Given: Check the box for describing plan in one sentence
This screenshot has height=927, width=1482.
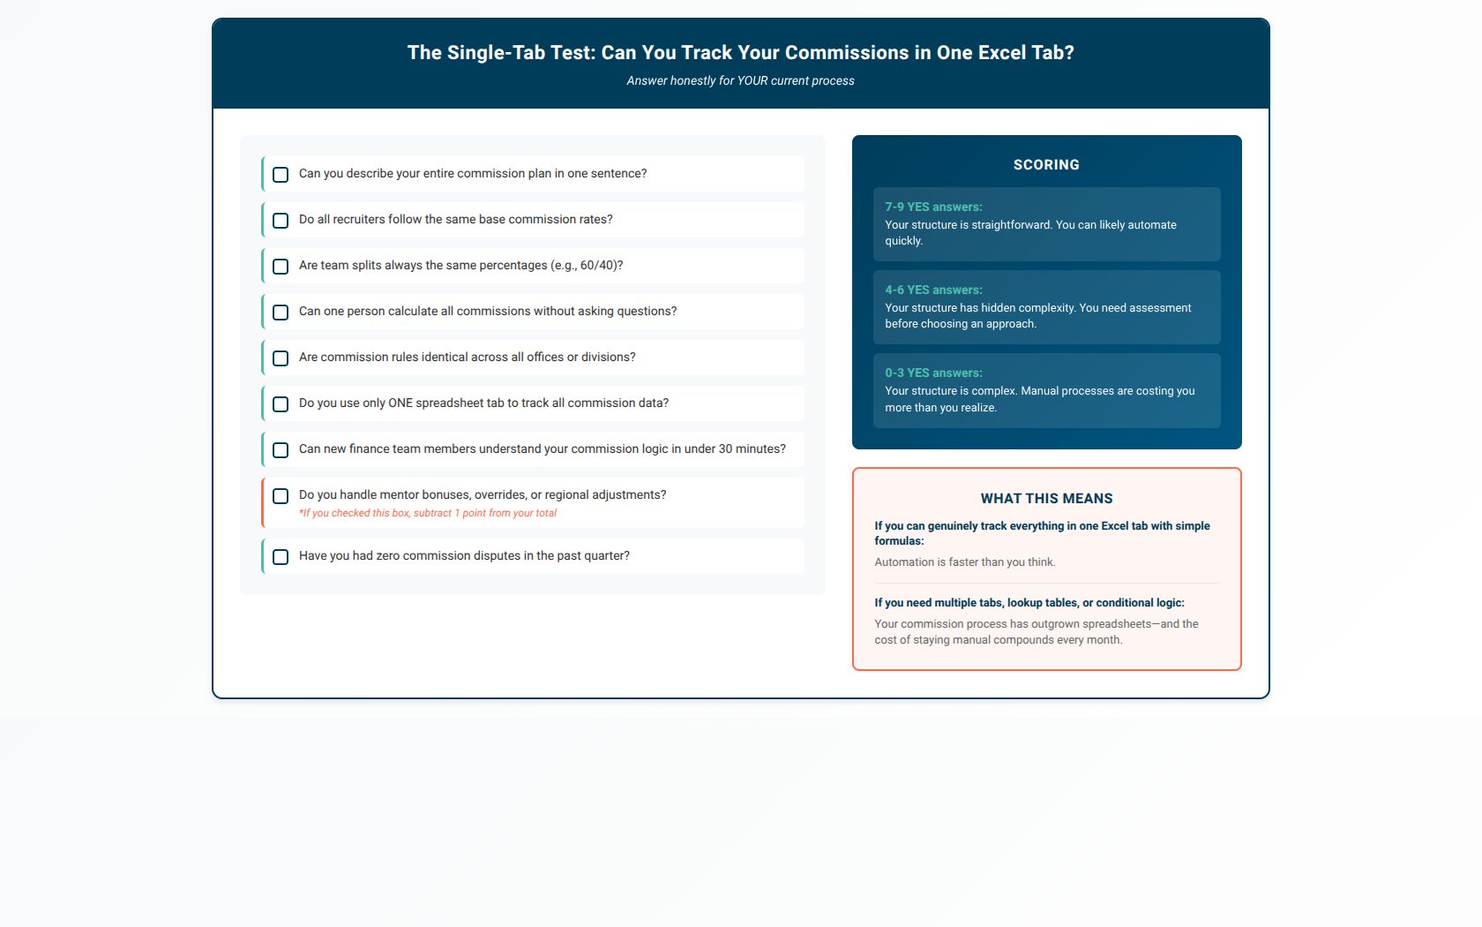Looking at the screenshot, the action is click(281, 175).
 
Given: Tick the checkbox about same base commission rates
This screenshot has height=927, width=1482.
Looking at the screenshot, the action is click(281, 221).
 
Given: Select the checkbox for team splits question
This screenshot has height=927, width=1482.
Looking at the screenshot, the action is click(281, 267).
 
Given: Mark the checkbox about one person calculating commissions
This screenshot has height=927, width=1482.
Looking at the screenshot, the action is click(281, 313).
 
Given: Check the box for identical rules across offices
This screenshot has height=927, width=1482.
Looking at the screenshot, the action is click(281, 358).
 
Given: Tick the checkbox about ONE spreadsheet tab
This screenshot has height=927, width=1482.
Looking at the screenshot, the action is click(281, 404).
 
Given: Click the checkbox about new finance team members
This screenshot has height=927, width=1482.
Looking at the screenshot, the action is click(281, 450).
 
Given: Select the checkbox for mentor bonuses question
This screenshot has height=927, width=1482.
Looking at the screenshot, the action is click(281, 496).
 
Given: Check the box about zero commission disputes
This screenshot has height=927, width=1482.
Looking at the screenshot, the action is click(281, 557).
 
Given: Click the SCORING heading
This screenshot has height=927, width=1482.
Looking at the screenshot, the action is click(1046, 165).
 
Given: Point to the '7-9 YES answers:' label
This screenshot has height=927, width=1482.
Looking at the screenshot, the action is click(933, 207).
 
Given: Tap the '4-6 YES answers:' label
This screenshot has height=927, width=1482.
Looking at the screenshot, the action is click(933, 290).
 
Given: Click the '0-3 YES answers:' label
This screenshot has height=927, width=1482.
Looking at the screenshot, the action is click(933, 373).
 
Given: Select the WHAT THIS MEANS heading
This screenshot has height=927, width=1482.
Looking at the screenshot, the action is click(1046, 499).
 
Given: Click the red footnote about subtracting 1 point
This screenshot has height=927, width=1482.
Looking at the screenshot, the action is click(427, 513).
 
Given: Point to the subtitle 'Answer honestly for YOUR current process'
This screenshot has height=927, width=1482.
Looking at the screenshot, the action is click(740, 81).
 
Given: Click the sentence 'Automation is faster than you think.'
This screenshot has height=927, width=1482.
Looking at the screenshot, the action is click(965, 562).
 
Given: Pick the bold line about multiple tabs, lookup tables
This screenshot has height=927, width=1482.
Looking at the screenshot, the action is click(1029, 602).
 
